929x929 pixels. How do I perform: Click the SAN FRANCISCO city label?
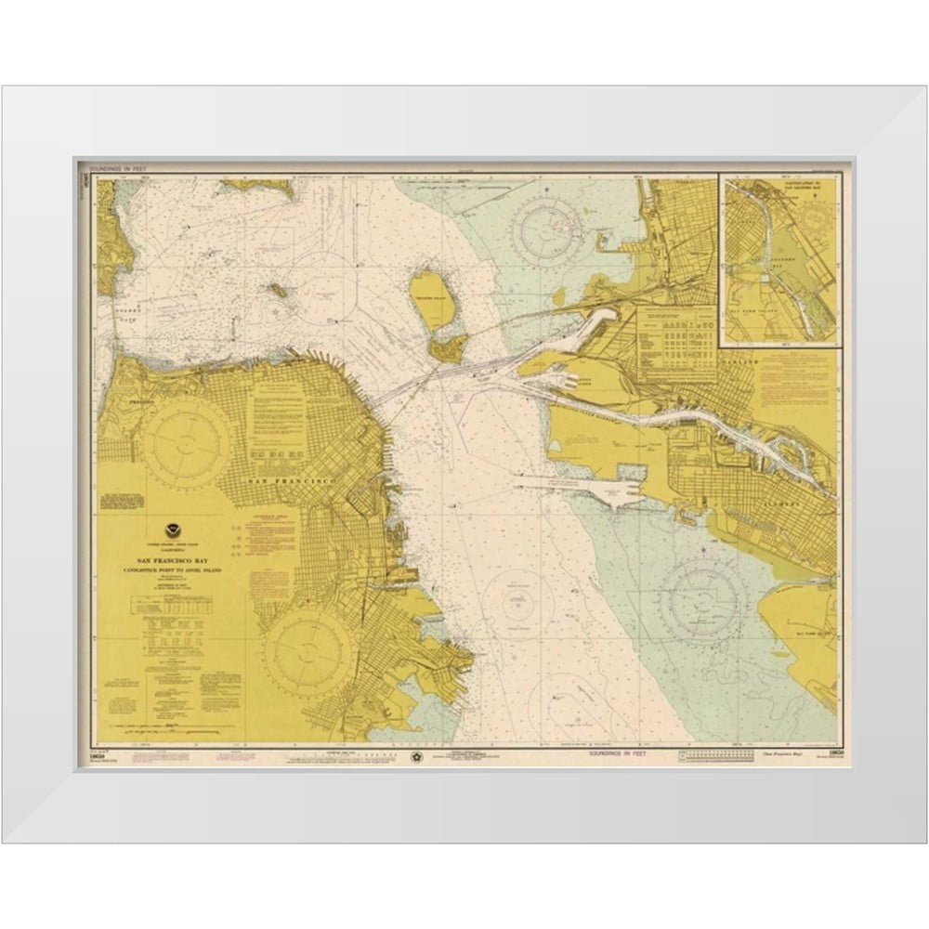click(292, 481)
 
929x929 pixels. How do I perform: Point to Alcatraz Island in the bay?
click(277, 290)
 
